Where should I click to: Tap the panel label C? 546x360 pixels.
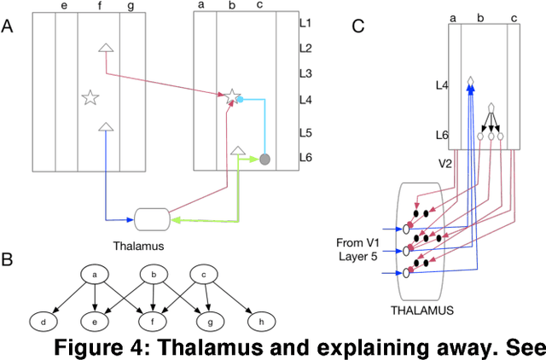358,26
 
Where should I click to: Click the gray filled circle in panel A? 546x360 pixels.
264,159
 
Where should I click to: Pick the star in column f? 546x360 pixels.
90,98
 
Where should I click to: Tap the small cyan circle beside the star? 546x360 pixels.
240,100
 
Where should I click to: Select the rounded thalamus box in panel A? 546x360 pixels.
153,220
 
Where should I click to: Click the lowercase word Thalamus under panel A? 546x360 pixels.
136,247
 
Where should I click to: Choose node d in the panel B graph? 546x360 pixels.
42,322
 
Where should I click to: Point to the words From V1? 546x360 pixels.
352,242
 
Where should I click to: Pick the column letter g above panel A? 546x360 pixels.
130,8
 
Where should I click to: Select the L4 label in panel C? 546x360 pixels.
441,85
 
